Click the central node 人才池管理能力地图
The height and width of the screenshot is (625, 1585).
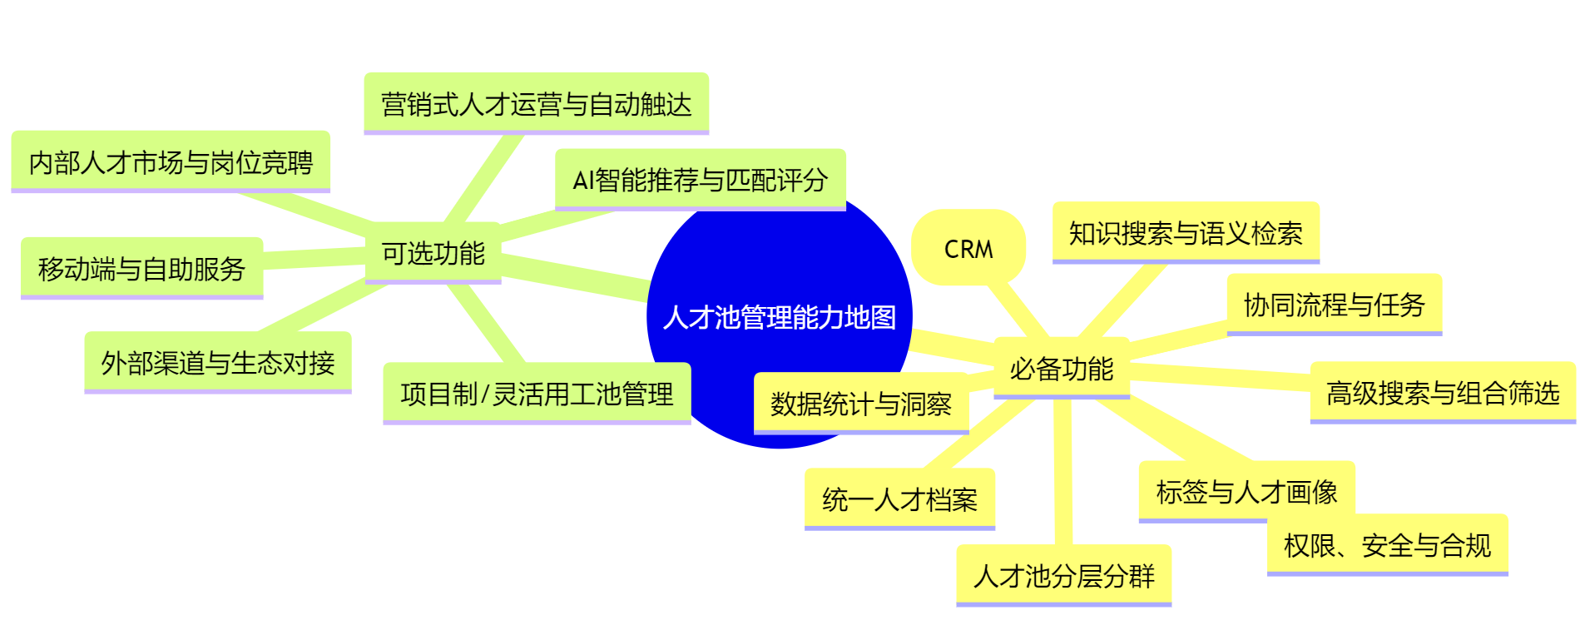click(x=779, y=317)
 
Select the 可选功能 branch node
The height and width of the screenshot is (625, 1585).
click(x=433, y=253)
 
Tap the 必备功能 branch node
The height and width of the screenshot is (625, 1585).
click(x=1061, y=368)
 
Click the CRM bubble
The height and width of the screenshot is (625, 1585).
click(x=968, y=248)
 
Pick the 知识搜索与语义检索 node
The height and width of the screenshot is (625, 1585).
click(x=1185, y=233)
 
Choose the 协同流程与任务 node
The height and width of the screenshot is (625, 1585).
click(x=1334, y=305)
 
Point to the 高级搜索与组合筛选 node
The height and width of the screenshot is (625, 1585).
click(x=1442, y=393)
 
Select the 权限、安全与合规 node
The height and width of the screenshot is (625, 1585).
click(x=1387, y=546)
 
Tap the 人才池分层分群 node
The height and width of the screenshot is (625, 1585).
click(x=1063, y=575)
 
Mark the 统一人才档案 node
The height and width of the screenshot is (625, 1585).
click(x=899, y=499)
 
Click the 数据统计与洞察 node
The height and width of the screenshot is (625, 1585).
click(x=860, y=404)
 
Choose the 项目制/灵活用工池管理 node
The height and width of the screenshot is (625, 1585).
click(x=537, y=394)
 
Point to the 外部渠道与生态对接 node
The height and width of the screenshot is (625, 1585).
click(x=217, y=363)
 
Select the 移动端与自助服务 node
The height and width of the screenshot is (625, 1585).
click(x=141, y=268)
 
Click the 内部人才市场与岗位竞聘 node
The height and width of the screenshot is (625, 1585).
click(x=171, y=162)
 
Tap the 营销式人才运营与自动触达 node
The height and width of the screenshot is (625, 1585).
click(x=536, y=104)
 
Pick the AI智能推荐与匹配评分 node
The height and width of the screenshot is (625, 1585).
click(x=700, y=180)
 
